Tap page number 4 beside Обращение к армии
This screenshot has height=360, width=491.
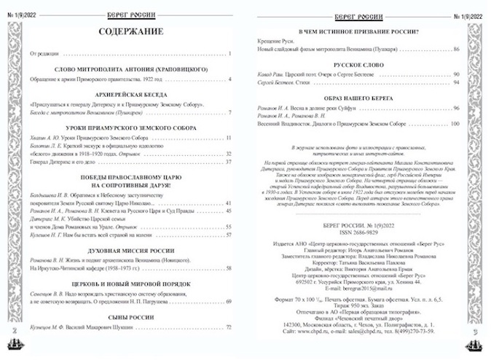[229, 78]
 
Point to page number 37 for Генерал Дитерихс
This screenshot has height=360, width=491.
[227, 161]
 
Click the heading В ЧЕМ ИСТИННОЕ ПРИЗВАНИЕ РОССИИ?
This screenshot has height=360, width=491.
[360, 31]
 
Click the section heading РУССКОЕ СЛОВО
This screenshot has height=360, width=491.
[360, 65]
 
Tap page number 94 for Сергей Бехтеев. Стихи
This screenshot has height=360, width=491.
[457, 82]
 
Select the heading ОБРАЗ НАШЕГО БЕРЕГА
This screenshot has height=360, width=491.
[360, 98]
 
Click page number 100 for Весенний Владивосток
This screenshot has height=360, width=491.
[455, 124]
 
